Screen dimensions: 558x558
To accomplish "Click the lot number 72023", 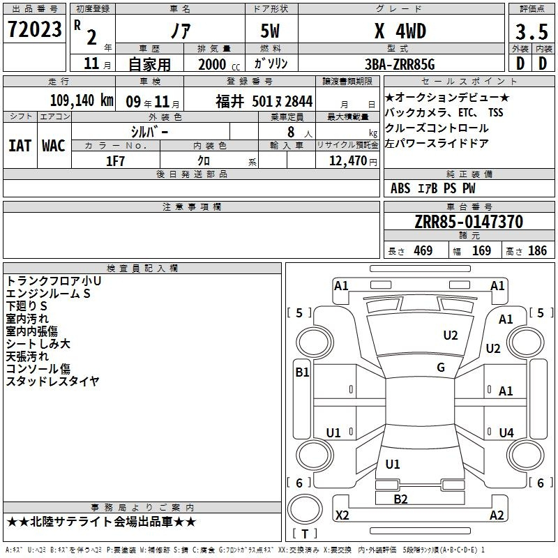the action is click(x=34, y=29).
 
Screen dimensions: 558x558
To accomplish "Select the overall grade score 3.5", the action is click(x=531, y=31).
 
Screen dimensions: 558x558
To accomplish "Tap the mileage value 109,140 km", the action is click(x=82, y=100).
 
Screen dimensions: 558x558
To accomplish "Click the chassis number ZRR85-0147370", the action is click(x=469, y=221).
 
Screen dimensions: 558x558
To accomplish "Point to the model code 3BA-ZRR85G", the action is click(x=400, y=64).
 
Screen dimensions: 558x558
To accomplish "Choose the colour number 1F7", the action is click(x=115, y=161).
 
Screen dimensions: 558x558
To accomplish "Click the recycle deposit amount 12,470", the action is click(x=348, y=160).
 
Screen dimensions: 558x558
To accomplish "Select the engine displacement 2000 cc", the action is click(x=219, y=64).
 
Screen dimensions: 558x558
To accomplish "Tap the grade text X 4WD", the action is click(x=400, y=31).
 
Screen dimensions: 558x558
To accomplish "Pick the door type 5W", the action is click(x=270, y=31).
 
